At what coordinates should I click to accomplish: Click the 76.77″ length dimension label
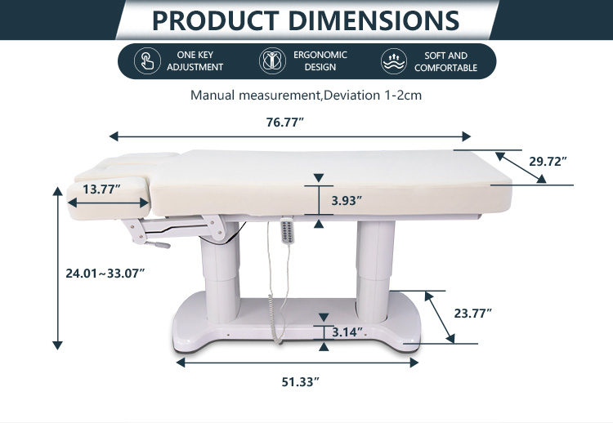[284, 122]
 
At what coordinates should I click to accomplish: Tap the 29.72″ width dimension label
[548, 162]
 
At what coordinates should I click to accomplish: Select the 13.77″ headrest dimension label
[101, 189]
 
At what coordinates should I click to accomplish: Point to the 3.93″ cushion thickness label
[347, 201]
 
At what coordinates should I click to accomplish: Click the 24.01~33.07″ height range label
[105, 274]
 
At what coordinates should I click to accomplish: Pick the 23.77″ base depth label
[472, 314]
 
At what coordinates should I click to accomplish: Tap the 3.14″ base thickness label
[347, 332]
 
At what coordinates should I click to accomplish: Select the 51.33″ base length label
[300, 382]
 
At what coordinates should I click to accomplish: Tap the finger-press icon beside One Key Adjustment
[147, 61]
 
